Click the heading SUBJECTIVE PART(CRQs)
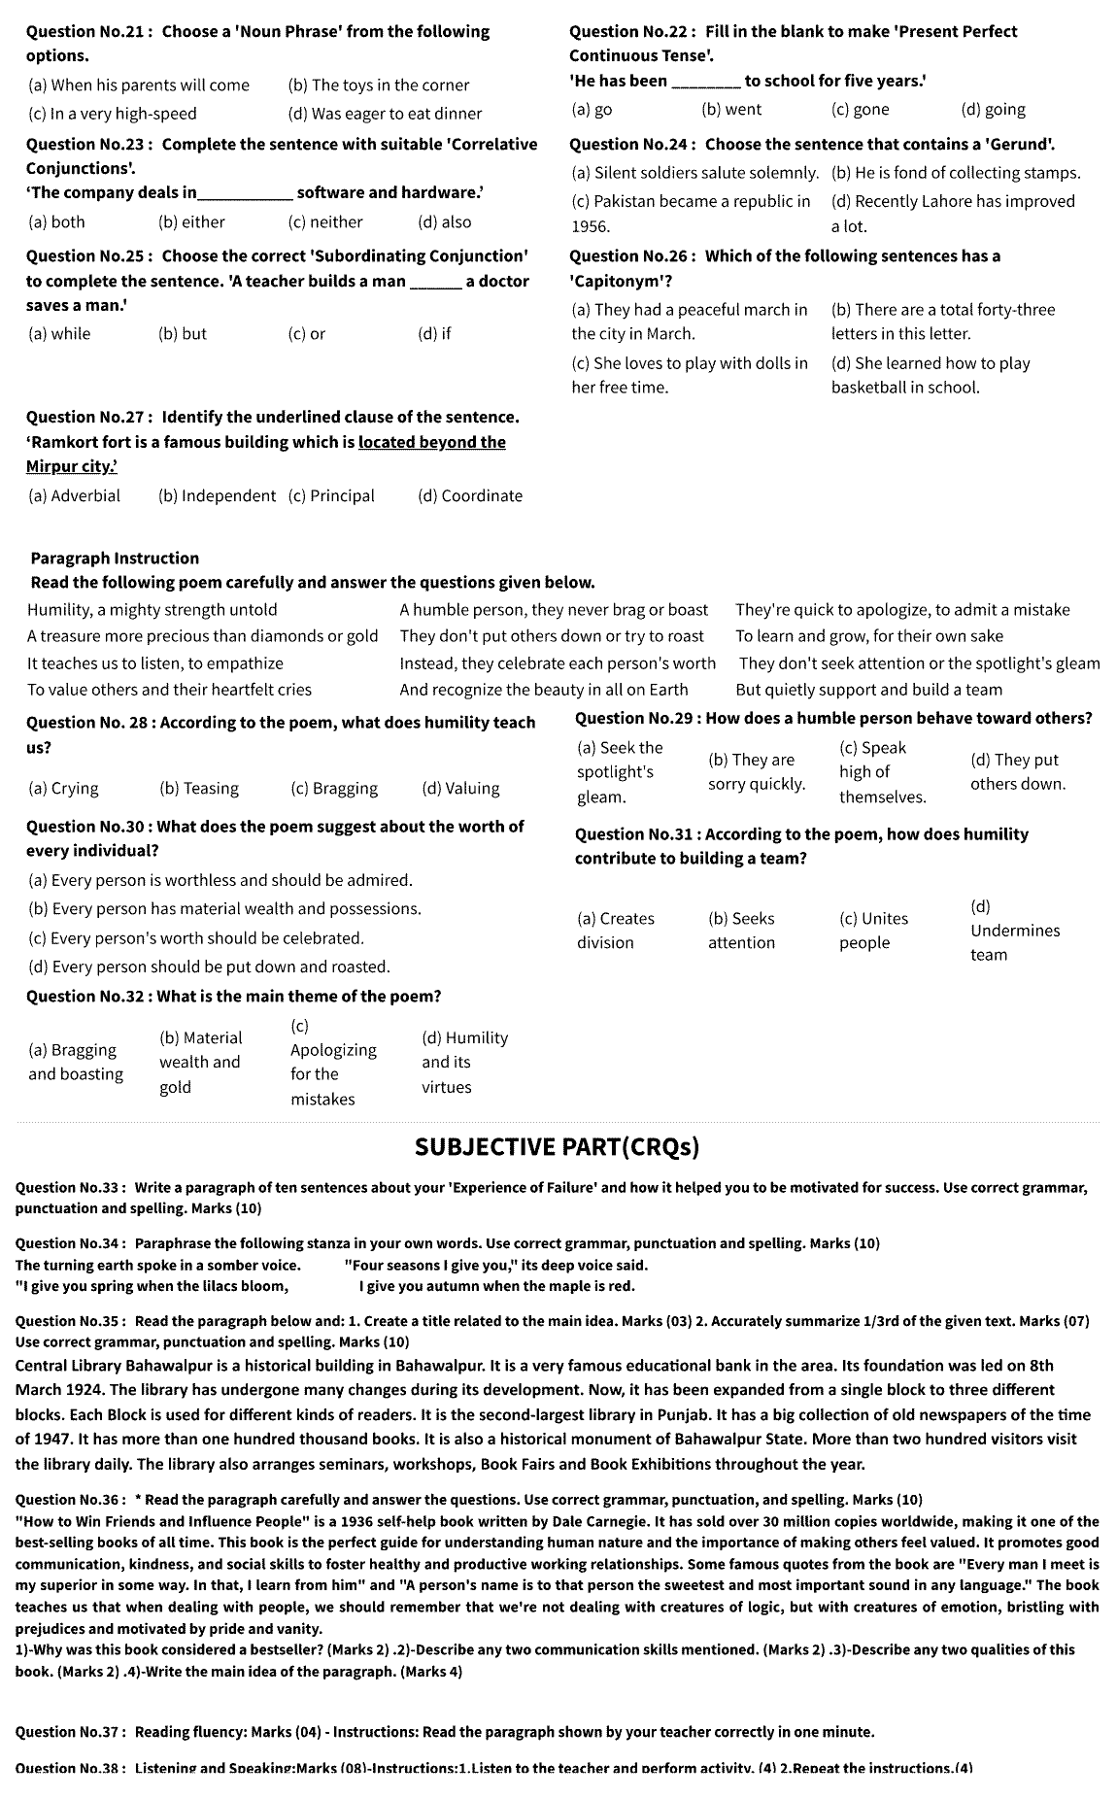[557, 1147]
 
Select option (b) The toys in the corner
[379, 85]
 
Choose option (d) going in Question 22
[993, 110]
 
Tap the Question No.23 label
[85, 144]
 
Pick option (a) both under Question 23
[57, 221]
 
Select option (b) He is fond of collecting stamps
[956, 173]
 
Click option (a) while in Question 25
[59, 333]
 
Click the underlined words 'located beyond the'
[432, 442]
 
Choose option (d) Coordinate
[470, 495]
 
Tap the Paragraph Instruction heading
[115, 559]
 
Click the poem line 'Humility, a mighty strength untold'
[152, 610]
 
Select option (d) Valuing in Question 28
[460, 789]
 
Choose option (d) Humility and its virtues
[464, 1063]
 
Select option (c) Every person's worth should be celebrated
[196, 938]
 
